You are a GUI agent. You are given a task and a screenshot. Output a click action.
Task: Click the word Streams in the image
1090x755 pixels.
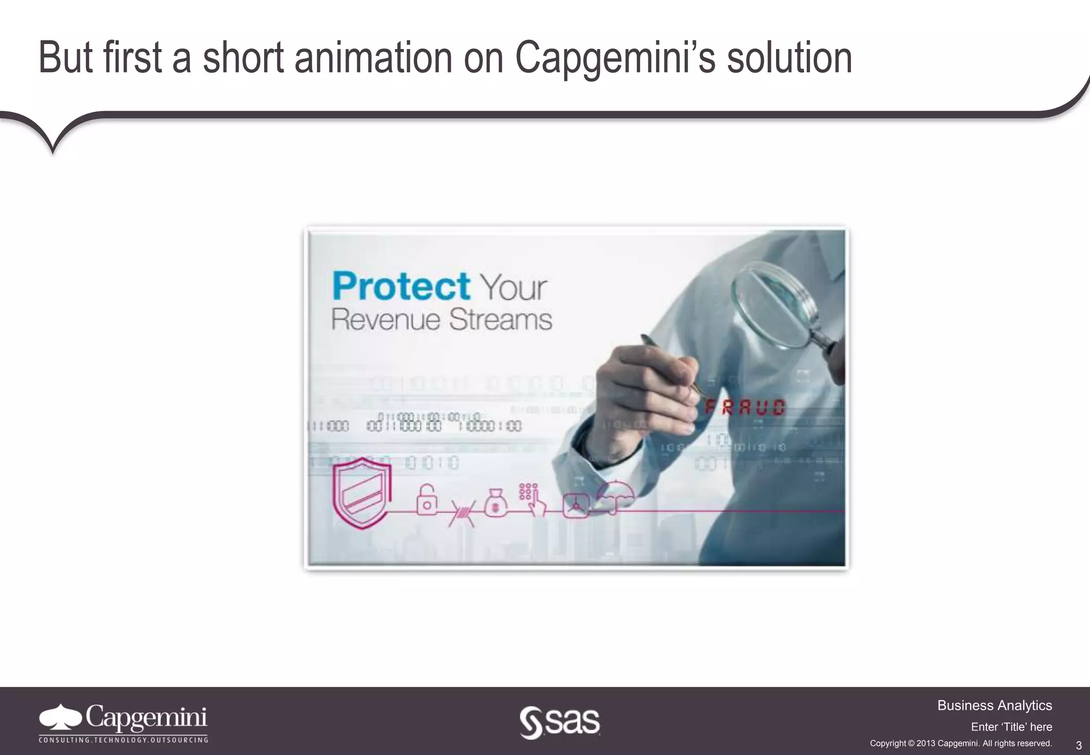(x=500, y=319)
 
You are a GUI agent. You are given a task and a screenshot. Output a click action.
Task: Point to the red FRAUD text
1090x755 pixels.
(x=745, y=408)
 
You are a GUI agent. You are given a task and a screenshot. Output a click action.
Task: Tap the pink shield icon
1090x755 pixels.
(x=362, y=493)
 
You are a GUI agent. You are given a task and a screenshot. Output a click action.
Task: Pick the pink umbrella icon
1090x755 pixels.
(x=615, y=495)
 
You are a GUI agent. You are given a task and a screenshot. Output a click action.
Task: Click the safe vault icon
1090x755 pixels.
(x=575, y=505)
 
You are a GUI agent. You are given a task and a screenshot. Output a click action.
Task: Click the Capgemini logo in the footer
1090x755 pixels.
(x=123, y=722)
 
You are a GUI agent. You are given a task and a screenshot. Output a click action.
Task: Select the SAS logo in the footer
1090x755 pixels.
(x=559, y=723)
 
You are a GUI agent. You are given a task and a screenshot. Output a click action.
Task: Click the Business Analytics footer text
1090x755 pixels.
(x=994, y=705)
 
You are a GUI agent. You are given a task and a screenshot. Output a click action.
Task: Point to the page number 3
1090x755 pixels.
(x=1079, y=745)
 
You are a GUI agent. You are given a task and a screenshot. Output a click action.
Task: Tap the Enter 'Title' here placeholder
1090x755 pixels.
(x=1011, y=727)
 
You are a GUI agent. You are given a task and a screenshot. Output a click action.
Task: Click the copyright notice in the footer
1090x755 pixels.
(x=961, y=743)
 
